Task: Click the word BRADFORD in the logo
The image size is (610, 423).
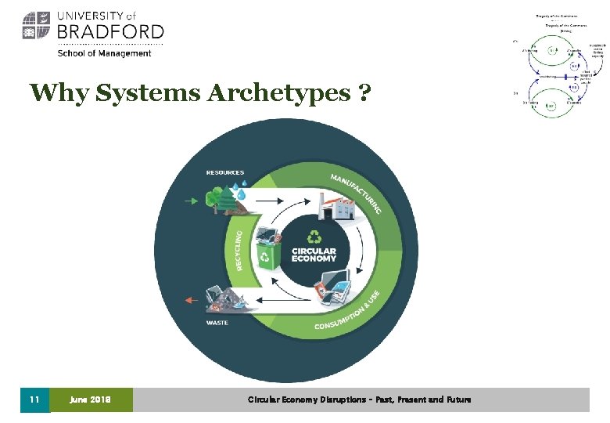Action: [x=109, y=32]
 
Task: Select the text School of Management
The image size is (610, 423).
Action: [x=104, y=53]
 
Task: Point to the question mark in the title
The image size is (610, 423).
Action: [x=363, y=93]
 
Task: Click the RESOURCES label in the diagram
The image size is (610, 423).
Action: [x=224, y=172]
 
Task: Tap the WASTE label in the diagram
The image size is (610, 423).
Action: [x=218, y=322]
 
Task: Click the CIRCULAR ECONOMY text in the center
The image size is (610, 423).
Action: [x=314, y=254]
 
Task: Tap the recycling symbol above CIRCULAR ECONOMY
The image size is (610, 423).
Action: [x=314, y=236]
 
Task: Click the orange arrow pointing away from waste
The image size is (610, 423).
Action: [x=188, y=298]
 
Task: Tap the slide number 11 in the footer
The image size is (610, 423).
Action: [x=34, y=399]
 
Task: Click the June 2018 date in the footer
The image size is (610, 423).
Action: [x=90, y=399]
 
